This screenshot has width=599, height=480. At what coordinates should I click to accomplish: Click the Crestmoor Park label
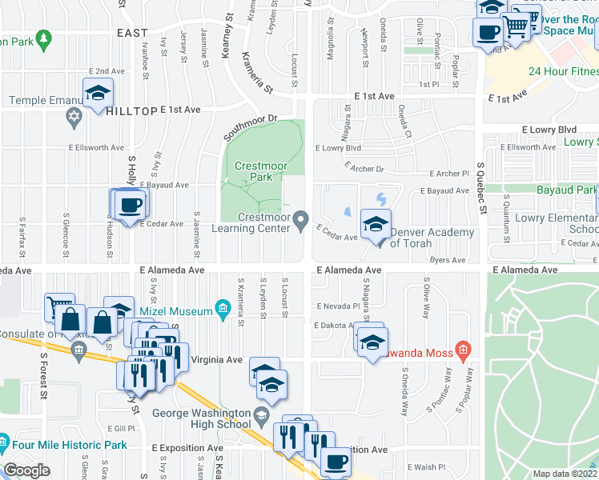click(261, 171)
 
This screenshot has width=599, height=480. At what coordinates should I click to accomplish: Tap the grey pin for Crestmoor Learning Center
click(301, 219)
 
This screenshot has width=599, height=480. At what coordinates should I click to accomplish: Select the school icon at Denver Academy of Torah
click(374, 226)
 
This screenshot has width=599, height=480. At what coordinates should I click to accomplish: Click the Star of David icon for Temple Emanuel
click(74, 118)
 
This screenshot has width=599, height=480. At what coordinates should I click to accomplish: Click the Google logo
click(26, 470)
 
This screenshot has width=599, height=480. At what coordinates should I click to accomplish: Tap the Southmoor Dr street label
click(250, 122)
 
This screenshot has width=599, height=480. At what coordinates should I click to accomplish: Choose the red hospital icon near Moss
click(462, 350)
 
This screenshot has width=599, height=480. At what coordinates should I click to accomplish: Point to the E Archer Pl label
click(448, 174)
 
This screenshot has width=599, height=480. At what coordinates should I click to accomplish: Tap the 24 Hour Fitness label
click(562, 72)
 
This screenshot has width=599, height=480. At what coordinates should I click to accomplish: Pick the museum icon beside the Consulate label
click(78, 349)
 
